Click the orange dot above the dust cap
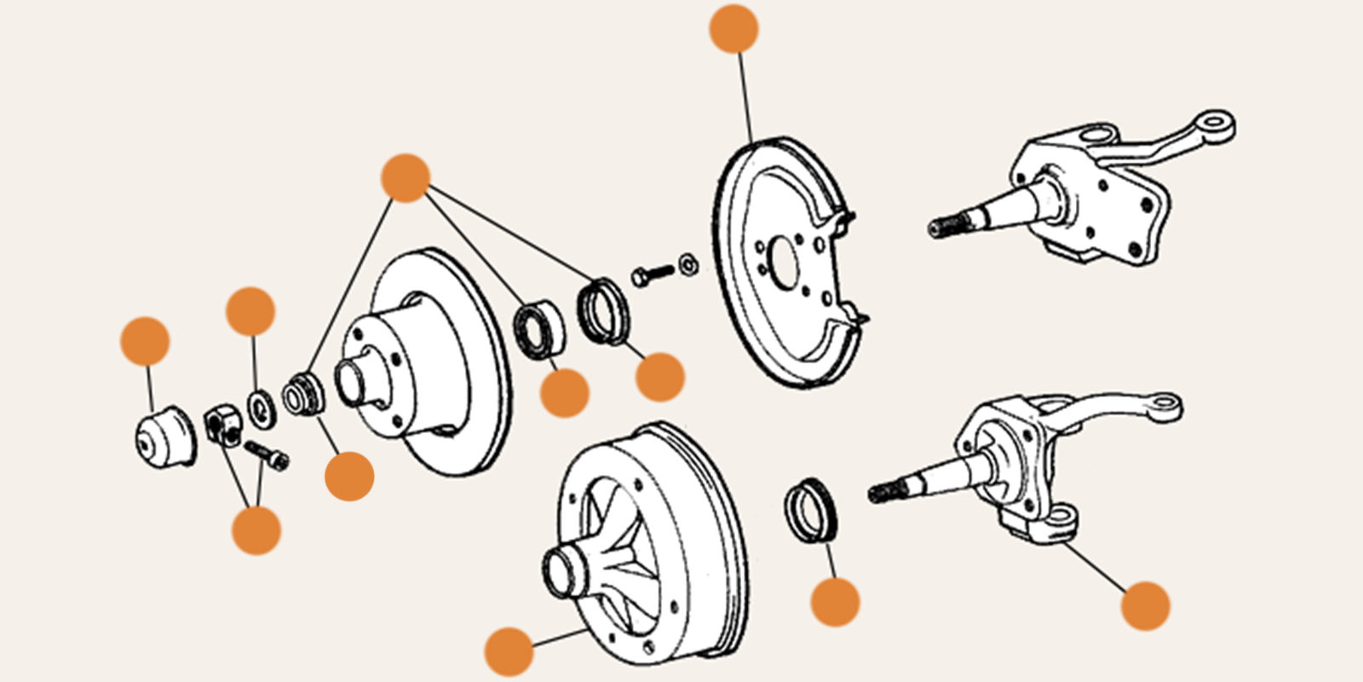click(145, 341)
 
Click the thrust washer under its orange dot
click(262, 407)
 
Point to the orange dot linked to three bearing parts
click(405, 178)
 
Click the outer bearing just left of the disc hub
click(304, 394)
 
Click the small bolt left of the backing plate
click(652, 275)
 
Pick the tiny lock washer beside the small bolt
click(688, 263)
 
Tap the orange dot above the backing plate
click(733, 28)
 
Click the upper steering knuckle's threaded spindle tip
click(940, 228)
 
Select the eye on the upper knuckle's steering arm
click(1217, 124)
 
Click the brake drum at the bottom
click(647, 546)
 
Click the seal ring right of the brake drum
click(810, 510)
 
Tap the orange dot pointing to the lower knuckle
click(1145, 606)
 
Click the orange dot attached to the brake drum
click(509, 651)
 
